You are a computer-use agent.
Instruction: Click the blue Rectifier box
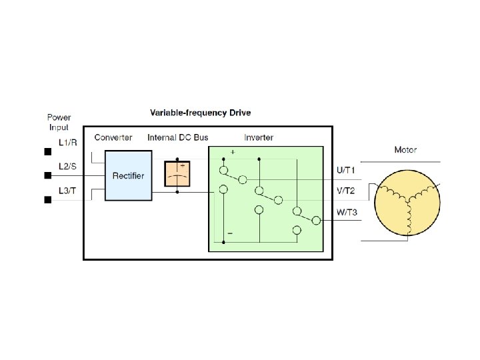[x=128, y=175]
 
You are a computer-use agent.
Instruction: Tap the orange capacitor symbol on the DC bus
[x=177, y=173]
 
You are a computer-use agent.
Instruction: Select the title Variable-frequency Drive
[x=201, y=113]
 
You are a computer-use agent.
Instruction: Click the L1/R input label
[x=68, y=143]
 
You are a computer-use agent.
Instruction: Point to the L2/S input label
[x=67, y=166]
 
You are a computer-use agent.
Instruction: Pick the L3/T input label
[x=67, y=191]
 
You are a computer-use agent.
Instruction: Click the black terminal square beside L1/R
[x=48, y=151]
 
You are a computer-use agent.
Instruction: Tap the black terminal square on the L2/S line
[x=48, y=175]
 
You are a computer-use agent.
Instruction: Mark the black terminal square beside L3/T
[x=48, y=200]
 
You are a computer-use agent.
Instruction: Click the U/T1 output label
[x=345, y=170]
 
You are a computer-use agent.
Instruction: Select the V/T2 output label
[x=345, y=191]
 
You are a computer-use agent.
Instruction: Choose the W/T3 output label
[x=347, y=212]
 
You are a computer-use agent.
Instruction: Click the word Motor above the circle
[x=405, y=150]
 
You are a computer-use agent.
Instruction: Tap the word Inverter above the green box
[x=259, y=137]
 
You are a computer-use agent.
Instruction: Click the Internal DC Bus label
[x=178, y=137]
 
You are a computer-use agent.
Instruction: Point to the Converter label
[x=113, y=137]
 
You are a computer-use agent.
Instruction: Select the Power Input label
[x=59, y=122]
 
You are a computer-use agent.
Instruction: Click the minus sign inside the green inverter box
[x=230, y=233]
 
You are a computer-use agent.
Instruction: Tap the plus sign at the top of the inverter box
[x=233, y=152]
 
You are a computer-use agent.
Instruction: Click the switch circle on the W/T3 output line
[x=316, y=220]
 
